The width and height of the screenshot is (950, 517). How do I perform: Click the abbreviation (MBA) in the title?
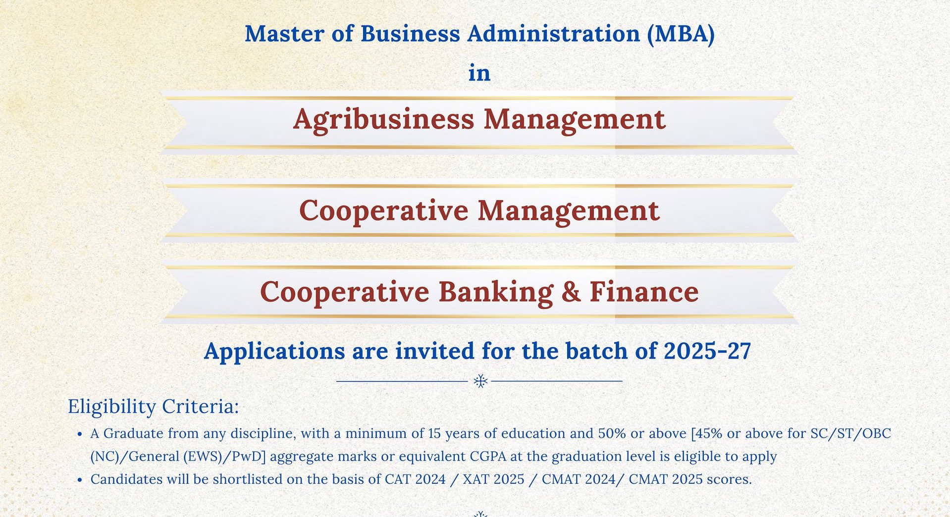tap(681, 34)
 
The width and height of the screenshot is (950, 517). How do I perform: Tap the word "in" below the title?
tap(479, 73)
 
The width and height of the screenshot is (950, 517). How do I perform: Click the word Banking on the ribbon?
tap(496, 292)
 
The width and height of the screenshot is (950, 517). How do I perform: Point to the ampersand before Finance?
tap(571, 292)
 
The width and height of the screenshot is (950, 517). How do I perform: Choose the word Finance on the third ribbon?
tap(644, 291)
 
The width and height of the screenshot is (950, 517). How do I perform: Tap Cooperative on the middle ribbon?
tap(384, 211)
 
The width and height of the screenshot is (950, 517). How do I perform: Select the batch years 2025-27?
tap(707, 351)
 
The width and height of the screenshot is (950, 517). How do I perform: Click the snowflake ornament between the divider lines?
tap(480, 381)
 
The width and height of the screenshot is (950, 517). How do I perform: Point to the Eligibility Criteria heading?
tap(154, 407)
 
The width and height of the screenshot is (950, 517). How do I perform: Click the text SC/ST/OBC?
tap(850, 433)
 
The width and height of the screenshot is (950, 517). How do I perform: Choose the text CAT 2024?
tap(415, 479)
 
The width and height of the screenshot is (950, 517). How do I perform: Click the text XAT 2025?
tap(493, 479)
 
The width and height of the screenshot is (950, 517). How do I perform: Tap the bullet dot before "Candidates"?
tap(80, 480)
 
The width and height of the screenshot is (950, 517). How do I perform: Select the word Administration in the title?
tap(554, 34)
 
